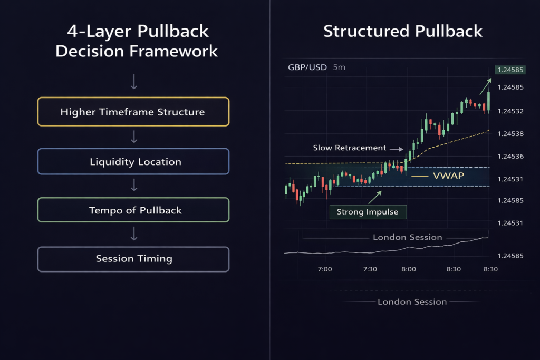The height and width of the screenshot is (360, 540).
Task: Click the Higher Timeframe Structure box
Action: pyautogui.click(x=133, y=112)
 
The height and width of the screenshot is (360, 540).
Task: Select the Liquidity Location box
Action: pyautogui.click(x=133, y=161)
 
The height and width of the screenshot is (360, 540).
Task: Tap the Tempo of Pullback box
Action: pyautogui.click(x=133, y=210)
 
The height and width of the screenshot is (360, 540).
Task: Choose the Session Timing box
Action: pyautogui.click(x=133, y=259)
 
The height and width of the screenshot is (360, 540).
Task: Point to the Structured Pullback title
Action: pyautogui.click(x=403, y=31)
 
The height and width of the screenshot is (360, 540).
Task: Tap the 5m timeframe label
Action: pyautogui.click(x=339, y=67)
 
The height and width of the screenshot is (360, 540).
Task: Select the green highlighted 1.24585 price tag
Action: pyautogui.click(x=509, y=70)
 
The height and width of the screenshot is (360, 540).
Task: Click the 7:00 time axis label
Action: pyautogui.click(x=325, y=269)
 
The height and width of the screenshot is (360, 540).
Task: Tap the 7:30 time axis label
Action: pyautogui.click(x=370, y=269)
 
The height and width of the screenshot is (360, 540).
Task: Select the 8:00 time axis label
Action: pyautogui.click(x=408, y=269)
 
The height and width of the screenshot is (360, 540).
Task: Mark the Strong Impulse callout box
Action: pyautogui.click(x=368, y=212)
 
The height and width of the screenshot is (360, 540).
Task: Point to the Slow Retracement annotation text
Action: pyautogui.click(x=349, y=148)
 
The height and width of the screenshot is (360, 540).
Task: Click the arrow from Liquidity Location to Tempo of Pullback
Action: pyautogui.click(x=134, y=185)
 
